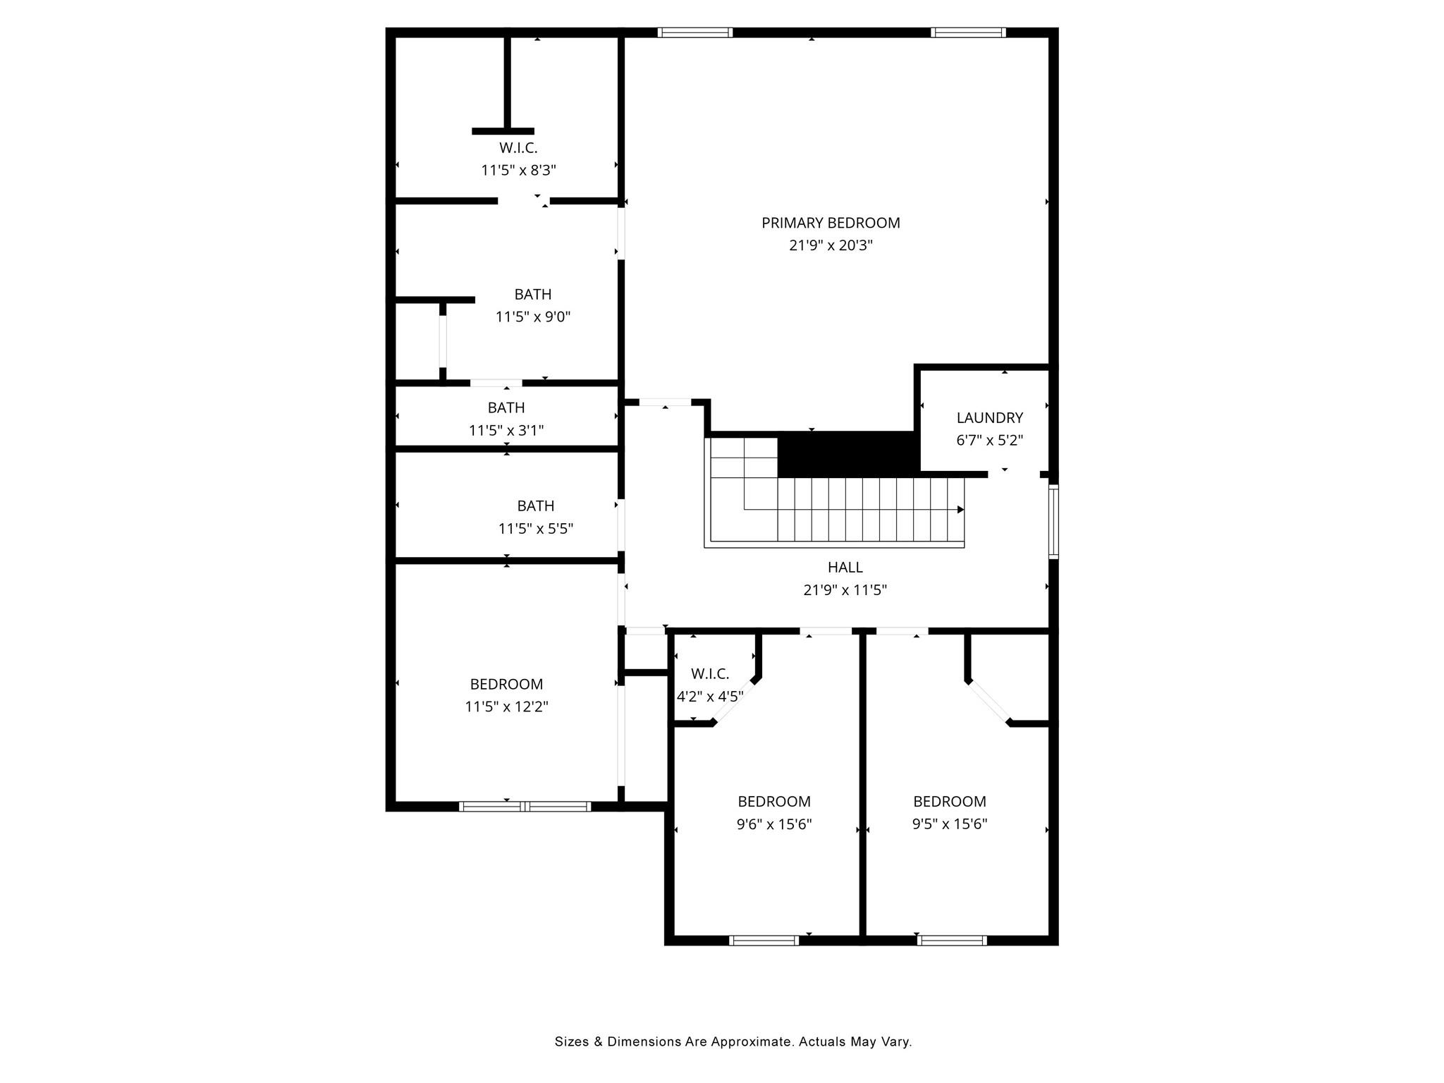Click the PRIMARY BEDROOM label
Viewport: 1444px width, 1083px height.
(831, 223)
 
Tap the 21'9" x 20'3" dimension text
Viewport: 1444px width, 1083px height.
(831, 245)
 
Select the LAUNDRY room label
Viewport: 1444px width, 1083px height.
(989, 417)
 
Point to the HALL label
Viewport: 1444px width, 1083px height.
(845, 567)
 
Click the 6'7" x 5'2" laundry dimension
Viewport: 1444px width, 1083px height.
(989, 440)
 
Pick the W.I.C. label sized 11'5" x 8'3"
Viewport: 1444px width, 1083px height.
(518, 148)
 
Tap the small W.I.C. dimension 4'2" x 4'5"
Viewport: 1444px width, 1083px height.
(710, 697)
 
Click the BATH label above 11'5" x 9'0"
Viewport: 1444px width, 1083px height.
(532, 294)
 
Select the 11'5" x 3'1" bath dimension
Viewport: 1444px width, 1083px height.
(506, 430)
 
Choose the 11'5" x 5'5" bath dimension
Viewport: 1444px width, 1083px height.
(536, 528)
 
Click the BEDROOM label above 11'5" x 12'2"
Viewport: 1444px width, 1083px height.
(506, 684)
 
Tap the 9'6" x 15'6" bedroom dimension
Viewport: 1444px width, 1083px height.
(774, 824)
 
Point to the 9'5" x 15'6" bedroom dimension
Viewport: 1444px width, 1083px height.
(949, 824)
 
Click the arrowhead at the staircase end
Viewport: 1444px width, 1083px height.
(960, 509)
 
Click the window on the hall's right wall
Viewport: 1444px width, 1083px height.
(1053, 522)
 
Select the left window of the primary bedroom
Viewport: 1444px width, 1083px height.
(695, 32)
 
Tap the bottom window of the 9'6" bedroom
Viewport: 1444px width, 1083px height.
(764, 940)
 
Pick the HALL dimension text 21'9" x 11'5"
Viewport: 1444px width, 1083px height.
(845, 589)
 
